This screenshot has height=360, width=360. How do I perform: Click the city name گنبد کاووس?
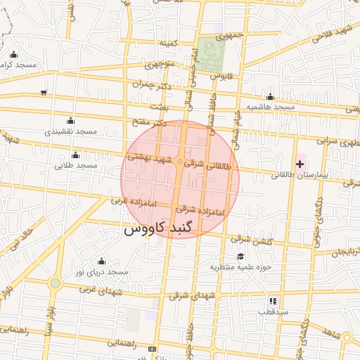(x=162, y=229)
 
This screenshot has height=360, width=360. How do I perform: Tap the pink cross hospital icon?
(x=300, y=164)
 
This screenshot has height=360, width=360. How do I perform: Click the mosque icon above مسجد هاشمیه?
(x=270, y=97)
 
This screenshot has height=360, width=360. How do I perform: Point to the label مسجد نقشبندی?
(x=70, y=131)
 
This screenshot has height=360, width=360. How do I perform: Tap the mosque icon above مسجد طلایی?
(x=75, y=155)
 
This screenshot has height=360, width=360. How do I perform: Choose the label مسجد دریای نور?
(x=103, y=271)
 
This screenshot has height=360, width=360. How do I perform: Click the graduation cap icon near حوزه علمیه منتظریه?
(x=241, y=257)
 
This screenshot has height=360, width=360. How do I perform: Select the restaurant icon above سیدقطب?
(x=273, y=301)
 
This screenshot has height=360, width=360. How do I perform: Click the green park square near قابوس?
(x=207, y=53)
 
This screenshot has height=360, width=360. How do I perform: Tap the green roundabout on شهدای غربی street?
(x=55, y=283)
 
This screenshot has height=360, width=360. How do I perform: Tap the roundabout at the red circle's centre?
(x=180, y=162)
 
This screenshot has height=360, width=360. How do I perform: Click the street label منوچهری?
(x=158, y=65)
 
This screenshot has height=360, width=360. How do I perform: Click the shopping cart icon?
(x=44, y=92)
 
